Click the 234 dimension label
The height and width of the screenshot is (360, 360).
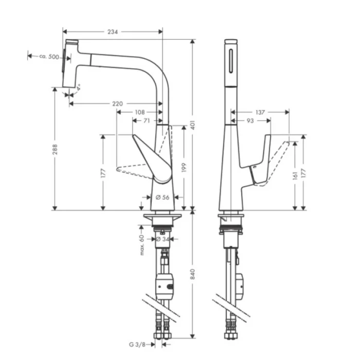pyautogui.click(x=113, y=32)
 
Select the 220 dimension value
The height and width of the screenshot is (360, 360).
pyautogui.click(x=117, y=104)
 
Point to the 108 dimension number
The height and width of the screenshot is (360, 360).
pyautogui.click(x=139, y=112)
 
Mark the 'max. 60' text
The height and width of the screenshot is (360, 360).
pyautogui.click(x=141, y=244)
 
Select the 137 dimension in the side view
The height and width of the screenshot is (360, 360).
pyautogui.click(x=260, y=112)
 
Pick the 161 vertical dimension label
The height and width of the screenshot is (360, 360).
pyautogui.click(x=295, y=175)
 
